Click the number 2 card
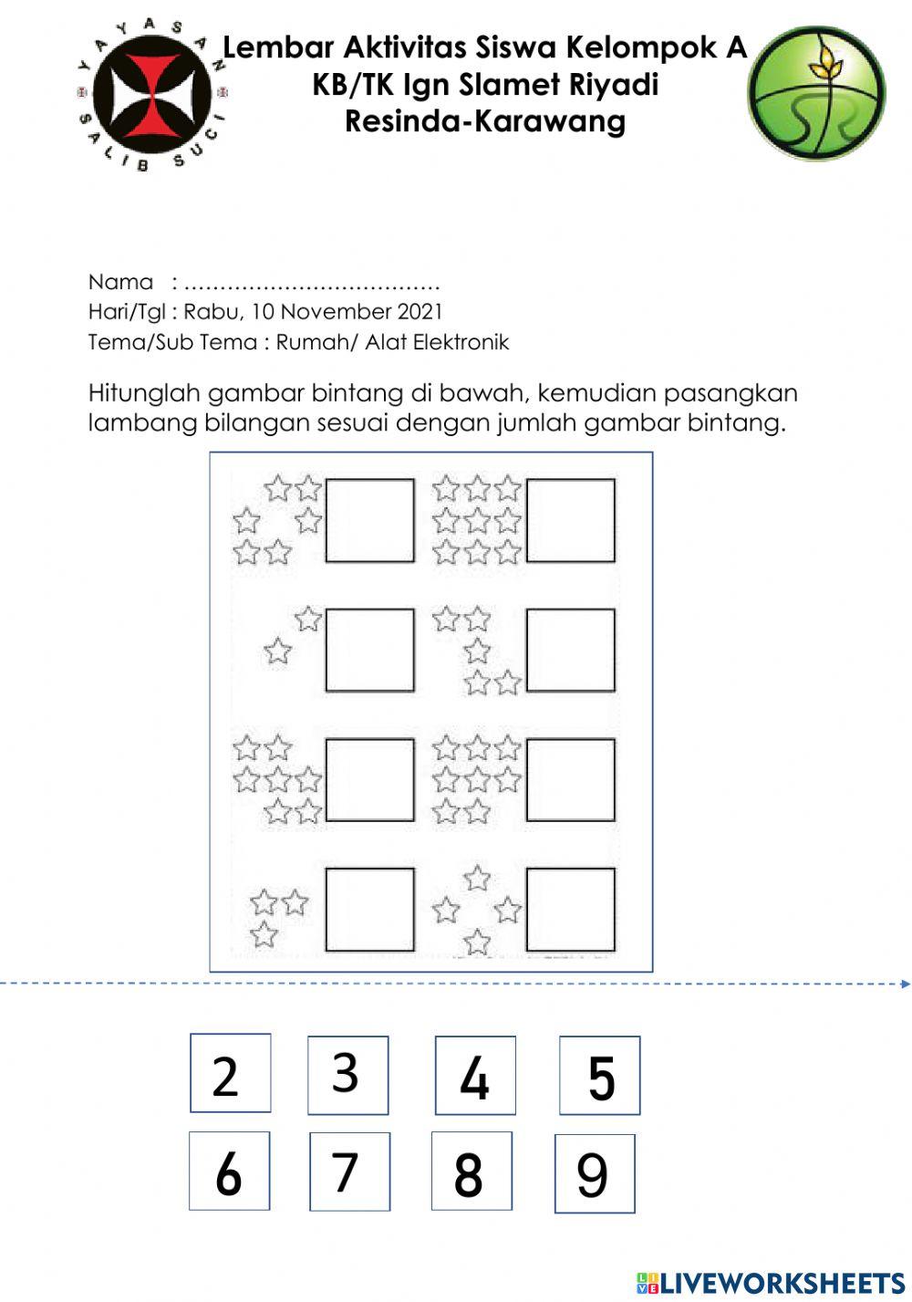coord(230,1073)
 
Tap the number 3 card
coord(347,1075)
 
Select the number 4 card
coord(474,1076)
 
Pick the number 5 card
coord(599,1076)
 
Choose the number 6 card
coord(229,1171)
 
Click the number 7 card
coord(348,1172)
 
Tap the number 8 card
coord(471,1172)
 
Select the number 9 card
coord(594,1173)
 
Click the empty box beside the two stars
coord(369,650)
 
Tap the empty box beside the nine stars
coord(570,520)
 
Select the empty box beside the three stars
coord(369,909)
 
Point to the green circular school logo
coord(816,93)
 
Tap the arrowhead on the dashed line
coord(905,984)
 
